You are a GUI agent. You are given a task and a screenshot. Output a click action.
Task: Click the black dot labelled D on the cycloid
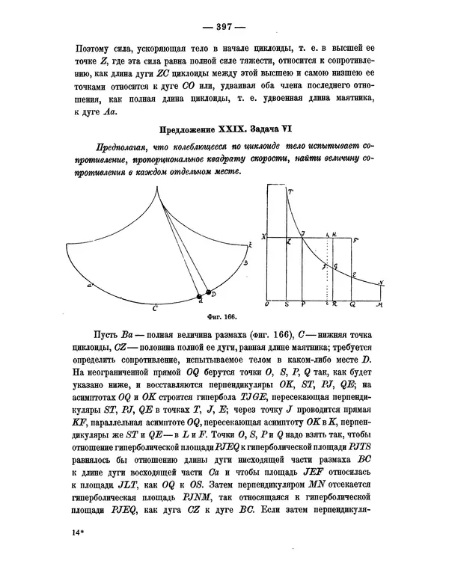pos(208,292)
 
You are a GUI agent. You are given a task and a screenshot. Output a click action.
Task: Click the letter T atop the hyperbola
pos(290,193)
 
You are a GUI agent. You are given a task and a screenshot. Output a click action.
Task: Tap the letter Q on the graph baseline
pos(352,306)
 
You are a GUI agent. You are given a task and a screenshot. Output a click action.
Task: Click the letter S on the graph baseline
pos(287,306)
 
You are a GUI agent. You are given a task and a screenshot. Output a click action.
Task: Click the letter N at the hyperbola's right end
pos(382,283)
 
